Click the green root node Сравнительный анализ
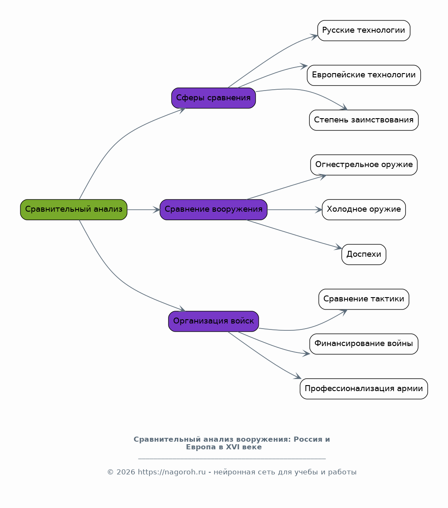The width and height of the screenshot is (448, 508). (74, 210)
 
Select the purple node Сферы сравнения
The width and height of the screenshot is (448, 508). (214, 98)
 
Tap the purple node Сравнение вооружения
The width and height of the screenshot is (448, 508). (214, 210)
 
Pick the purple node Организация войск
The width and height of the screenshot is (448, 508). (214, 321)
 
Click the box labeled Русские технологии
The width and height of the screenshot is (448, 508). (364, 31)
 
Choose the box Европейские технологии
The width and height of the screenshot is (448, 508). (364, 76)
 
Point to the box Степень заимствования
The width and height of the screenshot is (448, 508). (364, 120)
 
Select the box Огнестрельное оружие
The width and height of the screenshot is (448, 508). (364, 165)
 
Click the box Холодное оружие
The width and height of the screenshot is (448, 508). (364, 210)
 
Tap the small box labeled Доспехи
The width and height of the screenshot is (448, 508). (364, 254)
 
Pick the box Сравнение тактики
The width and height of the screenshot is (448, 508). (364, 299)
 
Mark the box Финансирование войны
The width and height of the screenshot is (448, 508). (364, 344)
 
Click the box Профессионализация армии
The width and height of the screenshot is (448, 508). (364, 389)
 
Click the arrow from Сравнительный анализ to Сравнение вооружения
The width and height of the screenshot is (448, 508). (144, 210)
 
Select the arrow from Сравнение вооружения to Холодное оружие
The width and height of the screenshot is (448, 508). (295, 210)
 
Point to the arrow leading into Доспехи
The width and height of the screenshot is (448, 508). (294, 234)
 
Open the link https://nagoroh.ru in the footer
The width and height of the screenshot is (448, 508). (172, 472)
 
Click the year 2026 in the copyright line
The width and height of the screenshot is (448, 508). (126, 472)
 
